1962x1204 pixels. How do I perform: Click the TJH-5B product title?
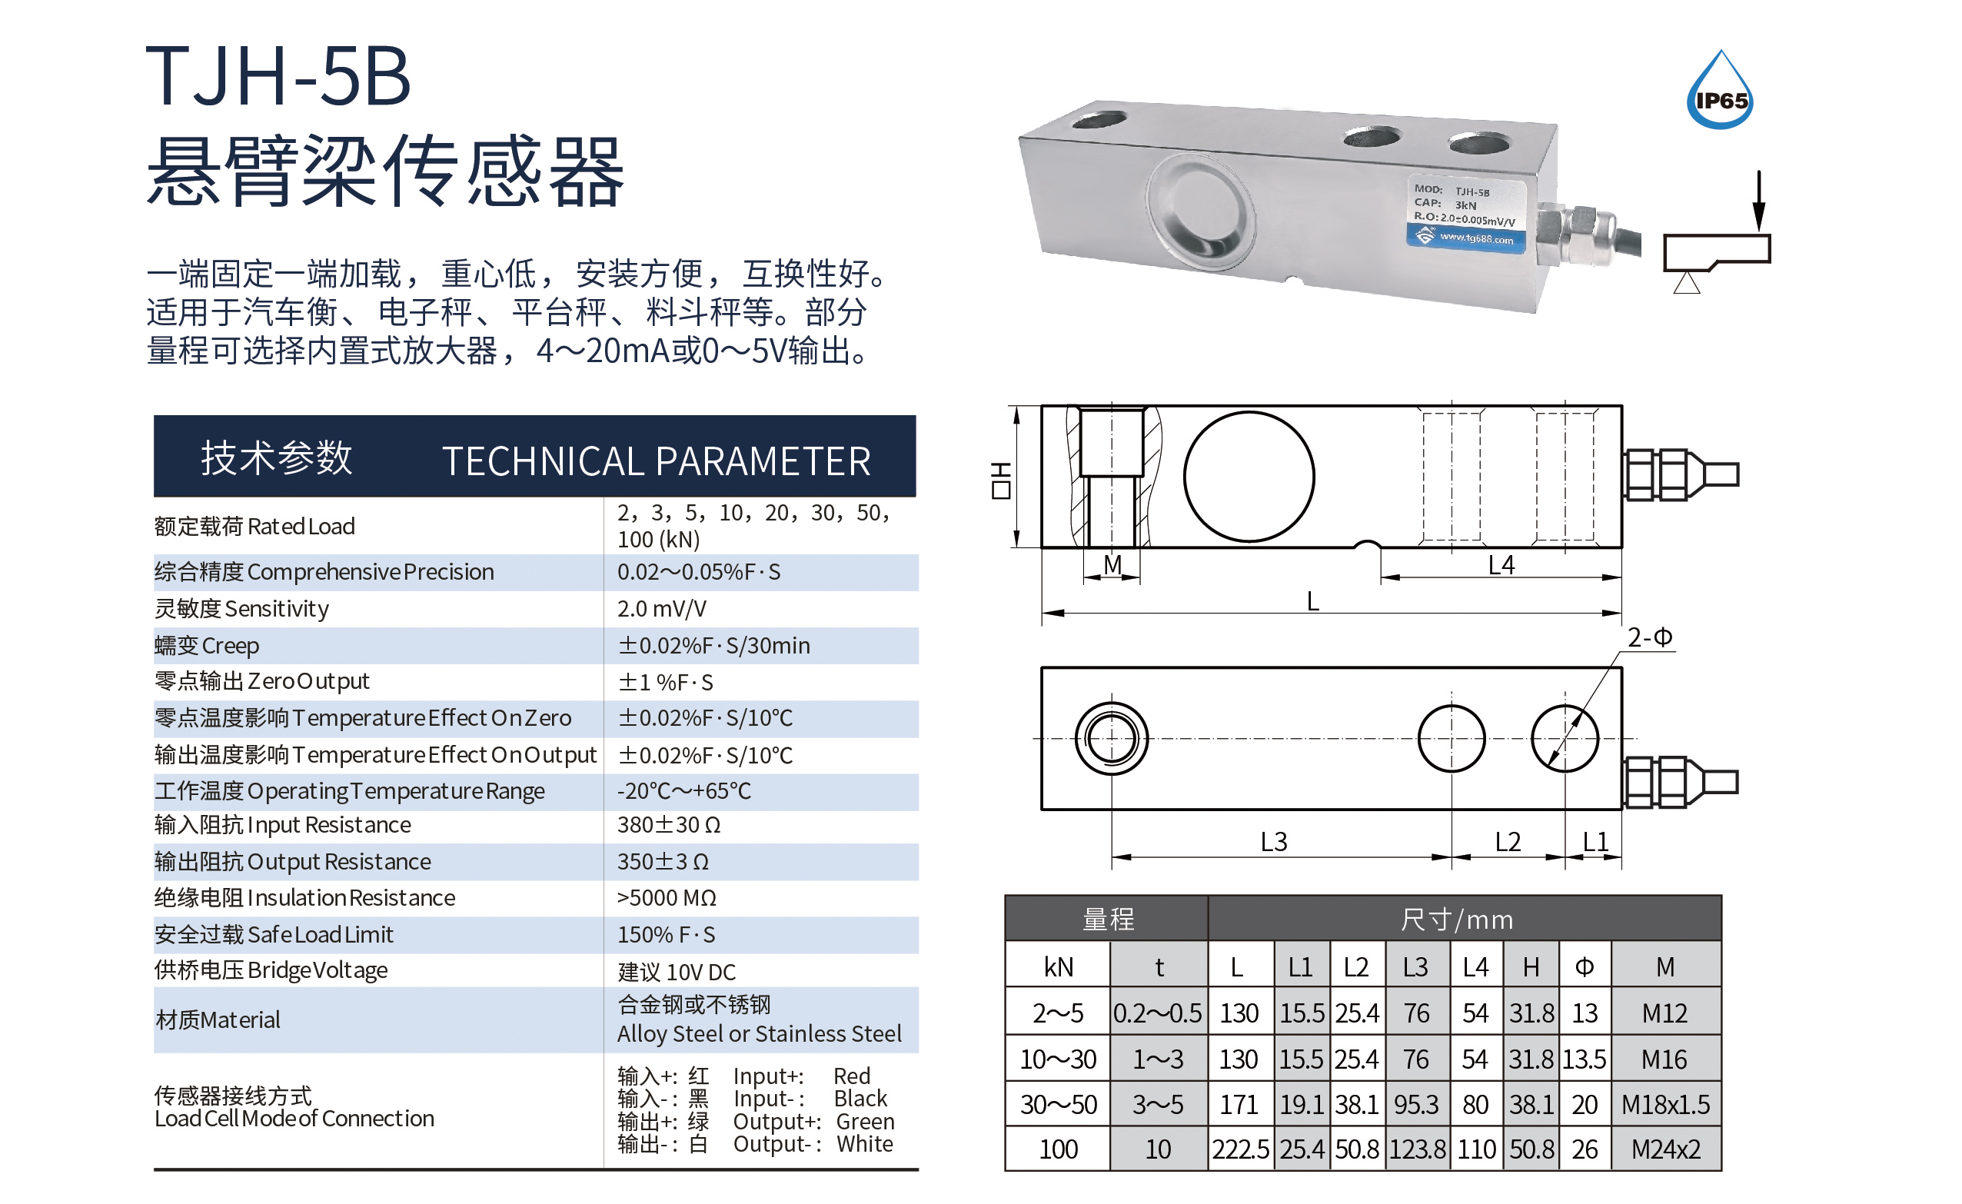point(278,76)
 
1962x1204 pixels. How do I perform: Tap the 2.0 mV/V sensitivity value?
point(662,609)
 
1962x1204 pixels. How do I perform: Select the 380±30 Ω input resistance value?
point(669,825)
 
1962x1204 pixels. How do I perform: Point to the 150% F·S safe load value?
point(667,935)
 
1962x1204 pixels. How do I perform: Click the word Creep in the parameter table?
point(231,646)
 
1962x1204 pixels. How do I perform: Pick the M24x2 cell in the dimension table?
point(1666,1149)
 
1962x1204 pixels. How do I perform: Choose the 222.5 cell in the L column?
point(1240,1149)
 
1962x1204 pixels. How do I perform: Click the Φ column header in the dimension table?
point(1585,966)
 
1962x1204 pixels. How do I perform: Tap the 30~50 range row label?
point(1058,1105)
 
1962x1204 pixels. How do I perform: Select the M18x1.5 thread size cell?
point(1666,1105)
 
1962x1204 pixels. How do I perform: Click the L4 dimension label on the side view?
point(1501,564)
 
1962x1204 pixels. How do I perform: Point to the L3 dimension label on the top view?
point(1274,842)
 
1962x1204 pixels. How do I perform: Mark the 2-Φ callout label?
point(1650,637)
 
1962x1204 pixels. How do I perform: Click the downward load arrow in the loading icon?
point(1759,202)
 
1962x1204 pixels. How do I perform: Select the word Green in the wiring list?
point(866,1121)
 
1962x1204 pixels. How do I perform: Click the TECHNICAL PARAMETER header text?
point(656,461)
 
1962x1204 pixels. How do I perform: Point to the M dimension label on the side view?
point(1112,564)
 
